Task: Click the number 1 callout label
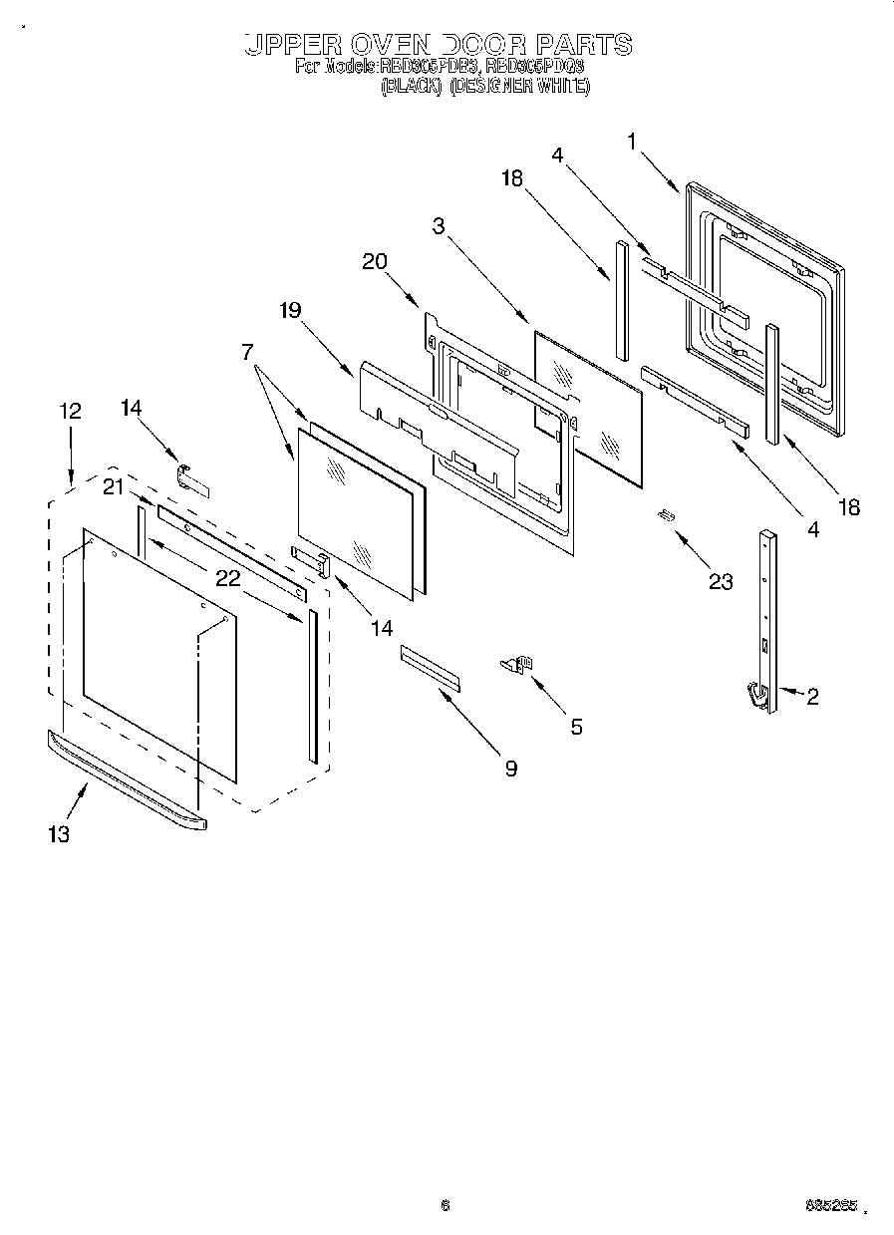(x=632, y=142)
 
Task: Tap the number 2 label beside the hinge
(x=812, y=698)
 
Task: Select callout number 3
(x=439, y=225)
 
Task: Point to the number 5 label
(x=576, y=727)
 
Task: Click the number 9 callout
(x=510, y=769)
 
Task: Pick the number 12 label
(x=70, y=411)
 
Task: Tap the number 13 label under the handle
(x=59, y=834)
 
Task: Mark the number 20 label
(x=375, y=261)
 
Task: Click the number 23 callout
(x=720, y=582)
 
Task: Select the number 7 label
(x=246, y=351)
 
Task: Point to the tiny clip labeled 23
(x=665, y=514)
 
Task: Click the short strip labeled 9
(x=432, y=667)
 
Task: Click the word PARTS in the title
(x=584, y=44)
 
